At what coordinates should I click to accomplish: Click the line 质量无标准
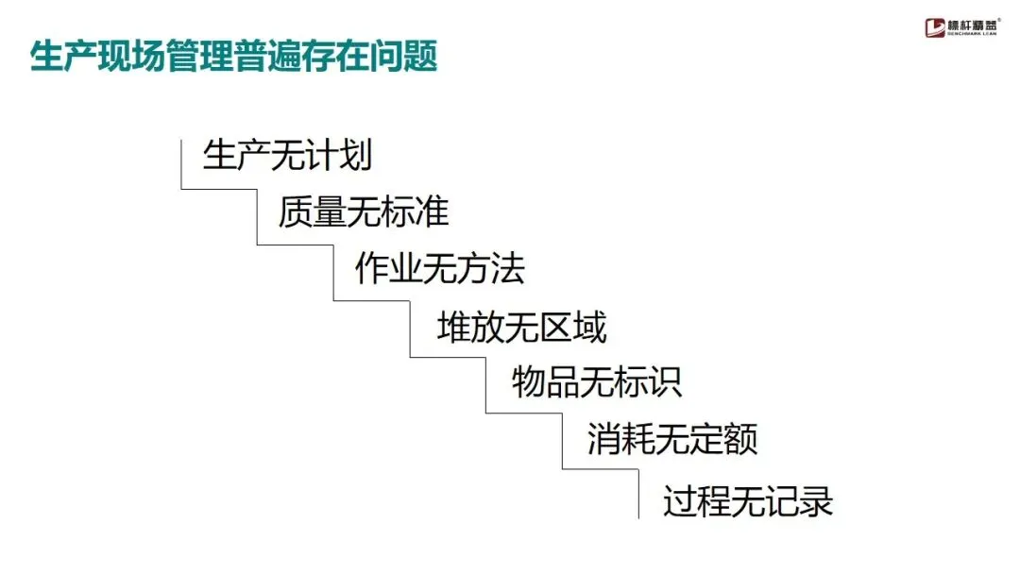click(363, 213)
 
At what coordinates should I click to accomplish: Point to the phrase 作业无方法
click(439, 270)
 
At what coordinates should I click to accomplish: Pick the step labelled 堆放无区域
click(521, 328)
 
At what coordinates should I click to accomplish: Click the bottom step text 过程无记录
click(748, 501)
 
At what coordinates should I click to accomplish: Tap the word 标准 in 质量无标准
click(415, 213)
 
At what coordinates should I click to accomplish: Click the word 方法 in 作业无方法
click(490, 270)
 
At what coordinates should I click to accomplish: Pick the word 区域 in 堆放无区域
click(572, 328)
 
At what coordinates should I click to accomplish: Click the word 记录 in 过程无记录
click(799, 501)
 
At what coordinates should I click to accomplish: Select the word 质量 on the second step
click(312, 213)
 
